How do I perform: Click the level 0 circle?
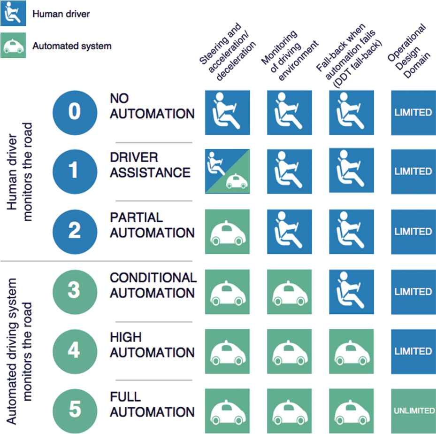pyautogui.click(x=74, y=112)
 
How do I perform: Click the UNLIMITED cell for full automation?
pyautogui.click(x=413, y=411)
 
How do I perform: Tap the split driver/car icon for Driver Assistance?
pyautogui.click(x=228, y=171)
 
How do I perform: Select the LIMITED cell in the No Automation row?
pyautogui.click(x=413, y=113)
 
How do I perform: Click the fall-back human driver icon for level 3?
pyautogui.click(x=352, y=292)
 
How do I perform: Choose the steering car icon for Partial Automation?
pyautogui.click(x=228, y=232)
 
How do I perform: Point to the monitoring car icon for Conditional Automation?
pyautogui.click(x=290, y=292)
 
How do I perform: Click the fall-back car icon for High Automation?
pyautogui.click(x=352, y=351)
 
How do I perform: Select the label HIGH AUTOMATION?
pyautogui.click(x=151, y=345)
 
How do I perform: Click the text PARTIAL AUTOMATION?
pyautogui.click(x=151, y=225)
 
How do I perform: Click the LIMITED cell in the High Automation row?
pyautogui.click(x=413, y=351)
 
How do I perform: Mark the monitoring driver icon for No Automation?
pyautogui.click(x=290, y=113)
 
